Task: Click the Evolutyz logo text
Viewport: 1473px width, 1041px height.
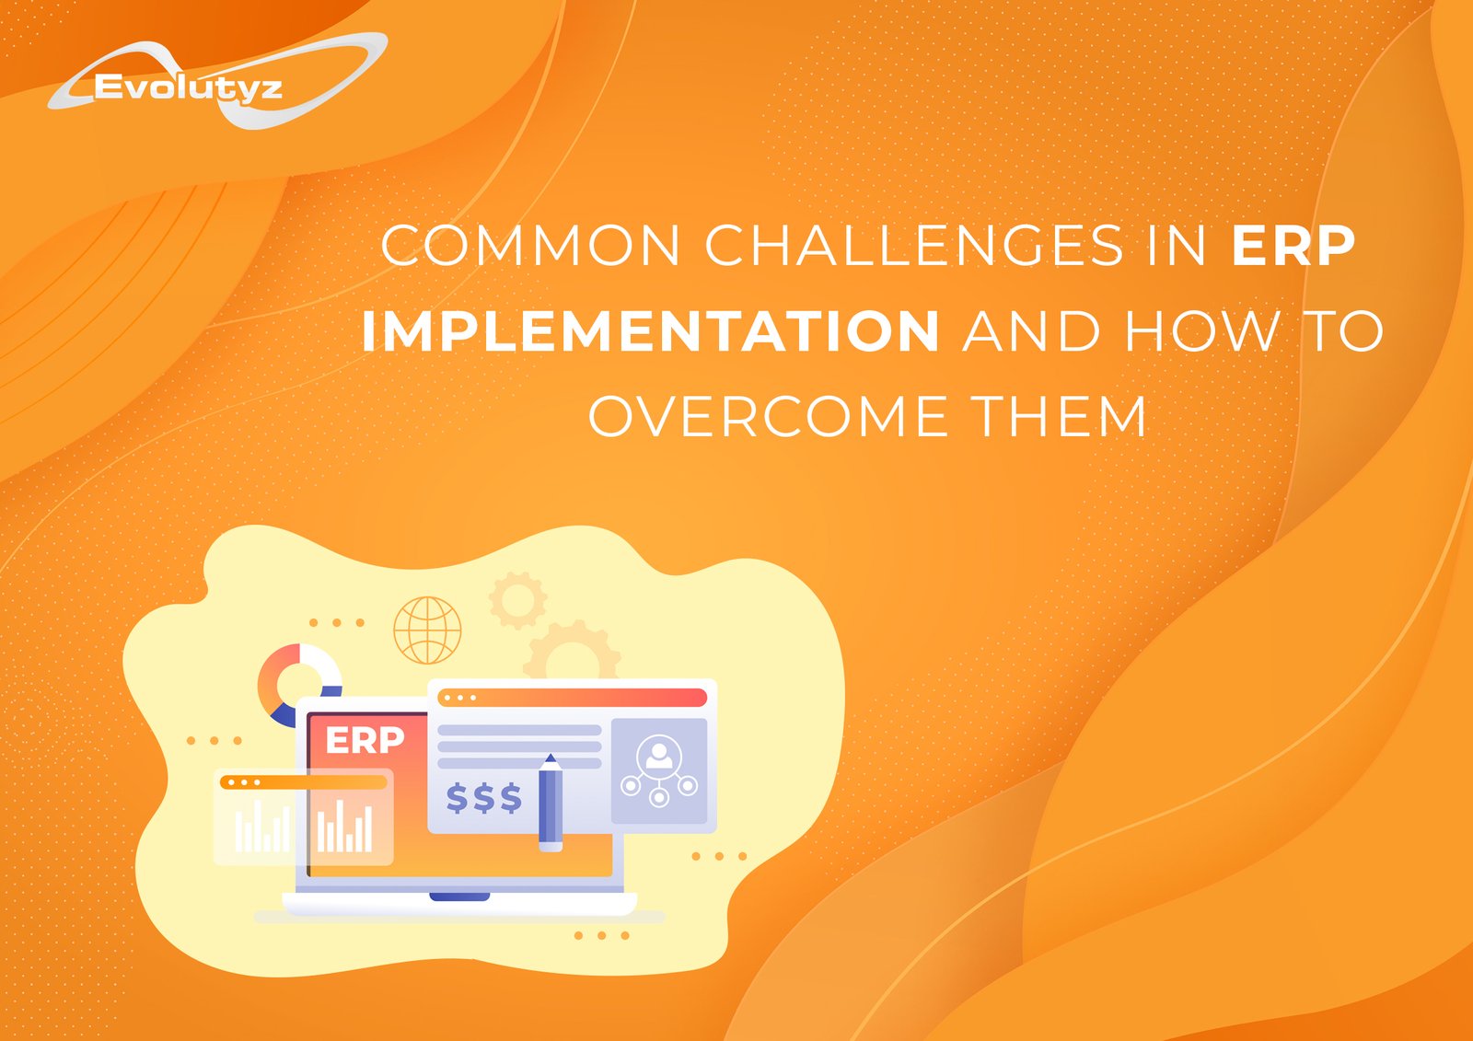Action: tap(189, 87)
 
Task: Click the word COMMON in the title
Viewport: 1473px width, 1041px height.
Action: tap(530, 245)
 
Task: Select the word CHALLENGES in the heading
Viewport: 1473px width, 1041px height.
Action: tap(915, 245)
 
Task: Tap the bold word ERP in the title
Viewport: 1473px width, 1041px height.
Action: tap(1293, 245)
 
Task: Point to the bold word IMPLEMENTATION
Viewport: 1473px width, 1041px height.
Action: tap(651, 330)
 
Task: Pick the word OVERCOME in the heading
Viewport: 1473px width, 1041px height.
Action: tap(768, 416)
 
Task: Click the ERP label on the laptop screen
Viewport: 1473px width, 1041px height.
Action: tap(365, 740)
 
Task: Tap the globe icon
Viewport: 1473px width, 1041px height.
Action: tap(427, 630)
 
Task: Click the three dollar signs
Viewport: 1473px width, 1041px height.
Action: tap(484, 798)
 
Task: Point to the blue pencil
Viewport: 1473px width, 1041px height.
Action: tap(551, 803)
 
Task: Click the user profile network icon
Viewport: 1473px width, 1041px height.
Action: tap(659, 770)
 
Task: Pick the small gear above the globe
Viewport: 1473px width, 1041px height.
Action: tap(517, 600)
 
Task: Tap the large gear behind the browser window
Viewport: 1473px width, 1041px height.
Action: tap(572, 651)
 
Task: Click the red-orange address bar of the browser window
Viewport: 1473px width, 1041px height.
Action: tap(572, 698)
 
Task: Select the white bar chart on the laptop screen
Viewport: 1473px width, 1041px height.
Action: tap(344, 826)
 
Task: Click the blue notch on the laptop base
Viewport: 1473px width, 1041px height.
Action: tap(459, 897)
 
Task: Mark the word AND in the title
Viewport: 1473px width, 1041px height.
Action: tap(1031, 330)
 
